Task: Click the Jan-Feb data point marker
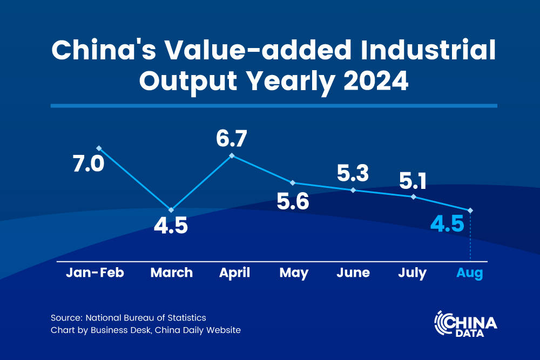pyautogui.click(x=99, y=148)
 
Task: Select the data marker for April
pyautogui.click(x=232, y=155)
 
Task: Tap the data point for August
pyautogui.click(x=470, y=210)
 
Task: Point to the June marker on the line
pyautogui.click(x=353, y=190)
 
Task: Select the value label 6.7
pyautogui.click(x=232, y=139)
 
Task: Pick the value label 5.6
pyautogui.click(x=293, y=202)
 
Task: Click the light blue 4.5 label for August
pyautogui.click(x=447, y=223)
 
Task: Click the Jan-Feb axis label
pyautogui.click(x=95, y=273)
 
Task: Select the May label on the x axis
pyautogui.click(x=294, y=273)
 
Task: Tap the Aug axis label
pyautogui.click(x=469, y=273)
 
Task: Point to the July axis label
pyautogui.click(x=412, y=273)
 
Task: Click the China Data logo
pyautogui.click(x=465, y=324)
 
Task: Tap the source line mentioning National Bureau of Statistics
pyautogui.click(x=128, y=318)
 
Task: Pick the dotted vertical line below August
pyautogui.click(x=470, y=237)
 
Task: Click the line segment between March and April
pyautogui.click(x=202, y=182)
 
